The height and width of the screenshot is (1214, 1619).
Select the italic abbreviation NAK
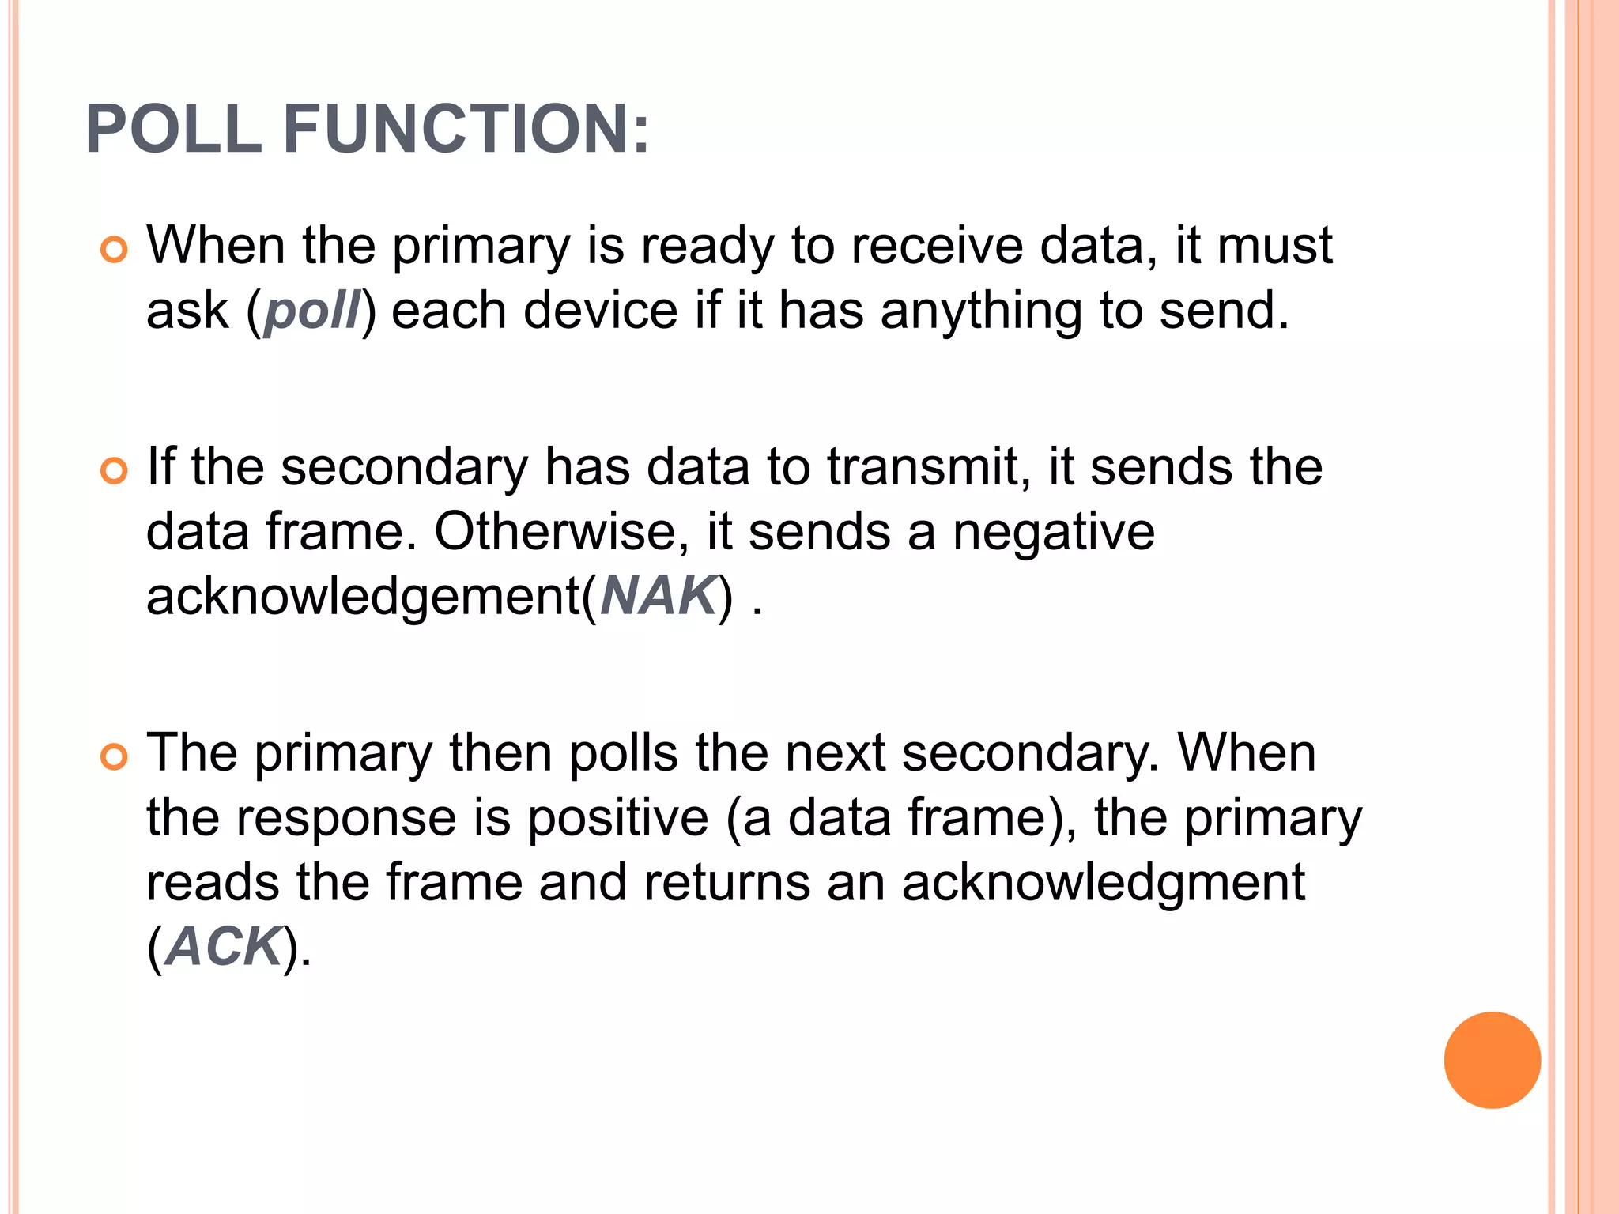658,596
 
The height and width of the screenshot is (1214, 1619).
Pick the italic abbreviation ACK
225,947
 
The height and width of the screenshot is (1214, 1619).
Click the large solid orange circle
1492,1060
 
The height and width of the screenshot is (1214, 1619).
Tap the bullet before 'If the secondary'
115,472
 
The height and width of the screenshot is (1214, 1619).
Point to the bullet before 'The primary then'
115,757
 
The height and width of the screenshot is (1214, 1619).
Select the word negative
1053,531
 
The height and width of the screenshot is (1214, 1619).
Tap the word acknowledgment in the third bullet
1103,883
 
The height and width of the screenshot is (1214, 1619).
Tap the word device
601,311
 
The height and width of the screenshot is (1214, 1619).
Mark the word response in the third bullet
346,818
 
